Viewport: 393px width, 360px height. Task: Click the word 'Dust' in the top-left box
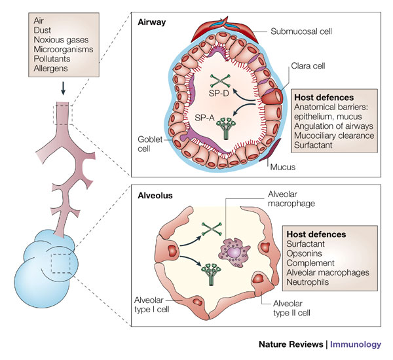tap(42, 33)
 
